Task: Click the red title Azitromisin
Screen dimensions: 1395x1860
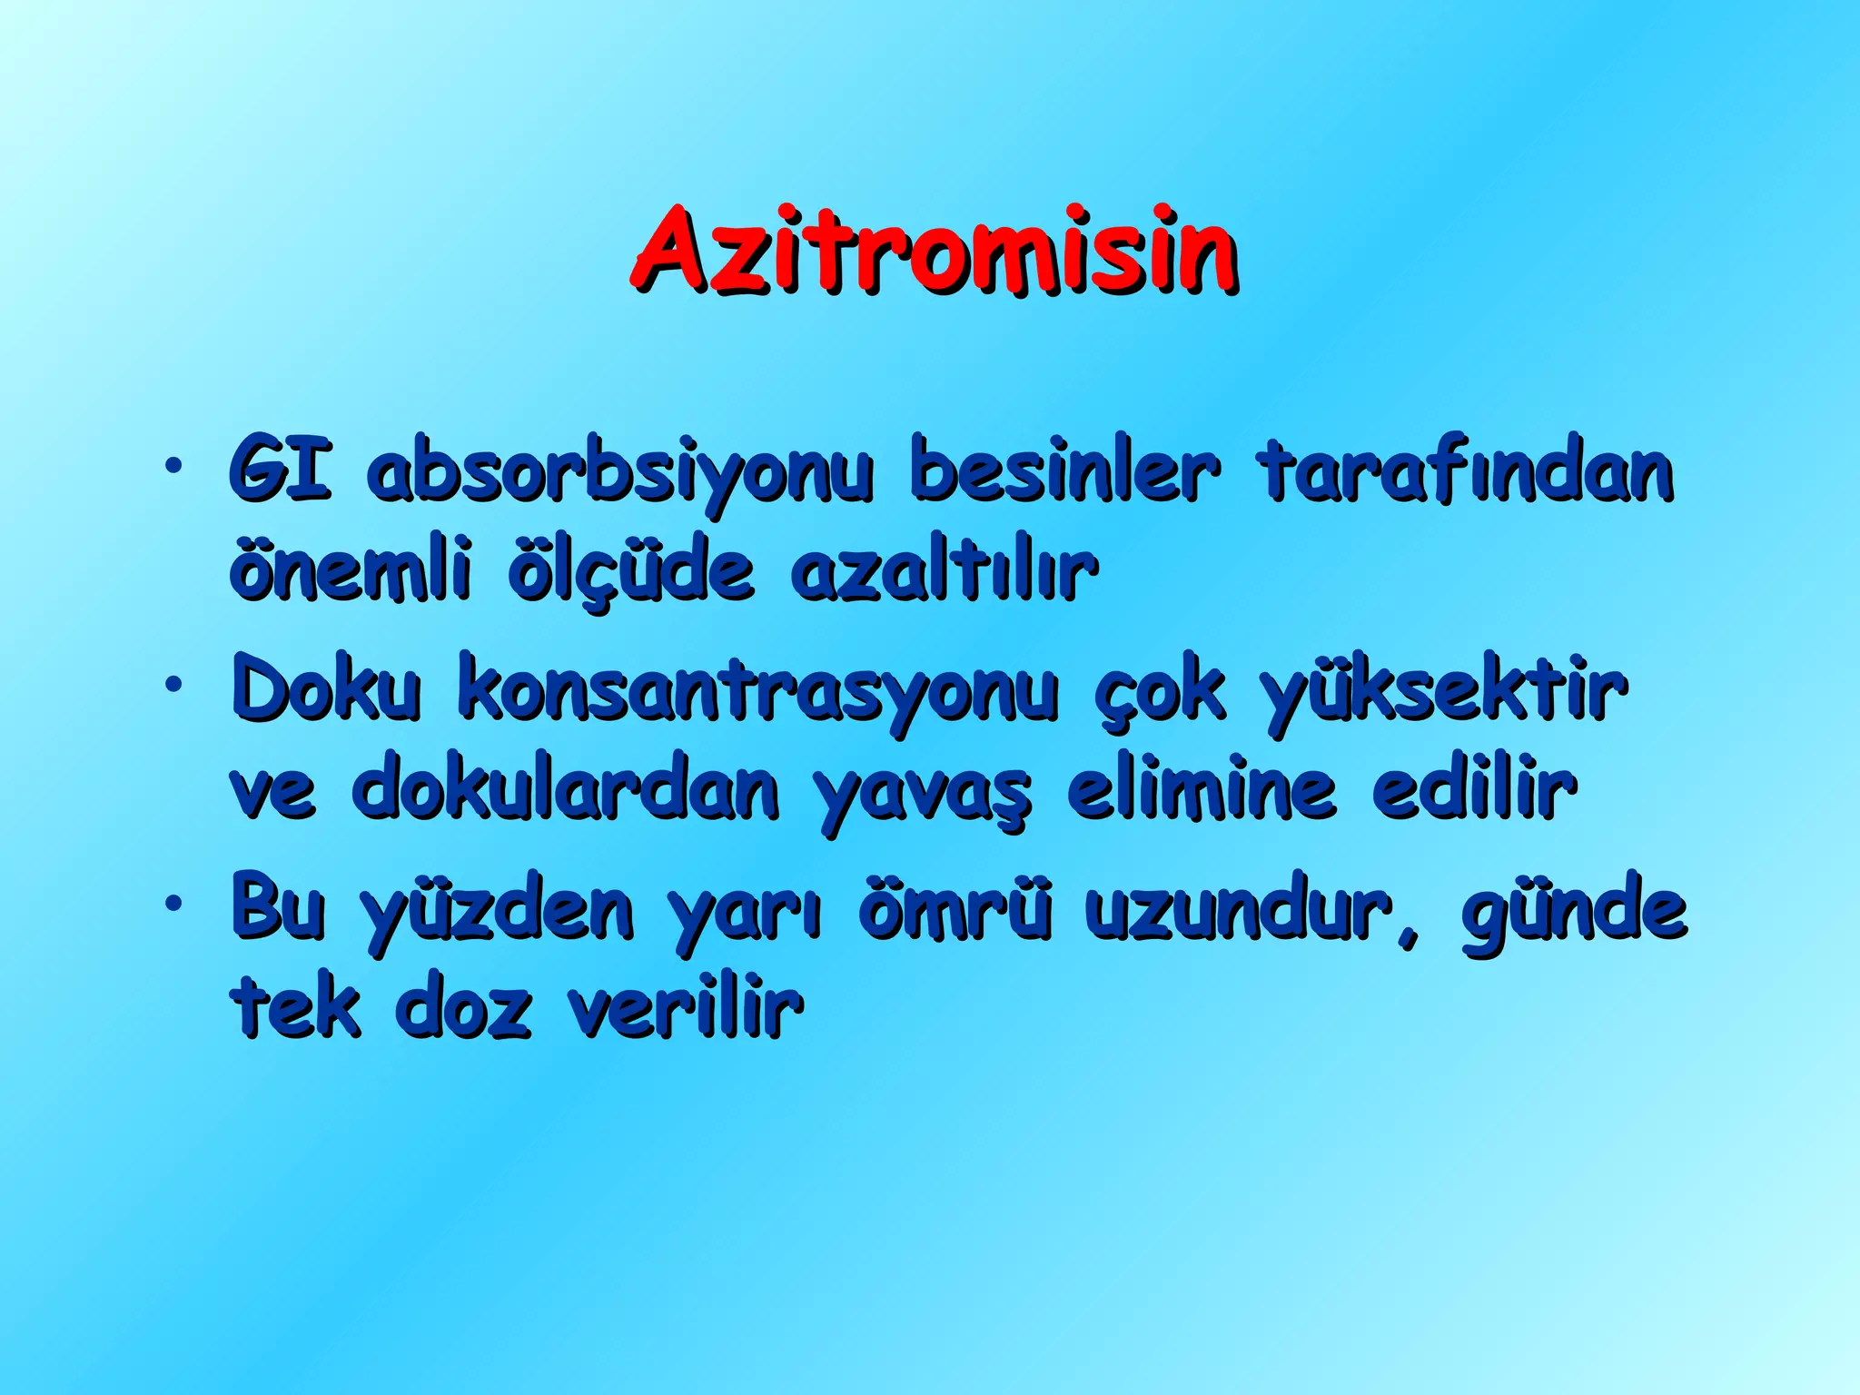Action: tap(934, 249)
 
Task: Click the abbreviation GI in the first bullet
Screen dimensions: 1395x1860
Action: tap(280, 470)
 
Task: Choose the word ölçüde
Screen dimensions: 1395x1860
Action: tap(630, 572)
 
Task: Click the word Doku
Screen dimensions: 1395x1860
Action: tap(327, 690)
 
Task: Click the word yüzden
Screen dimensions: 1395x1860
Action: tap(497, 912)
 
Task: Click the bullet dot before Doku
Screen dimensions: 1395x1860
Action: tap(172, 684)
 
